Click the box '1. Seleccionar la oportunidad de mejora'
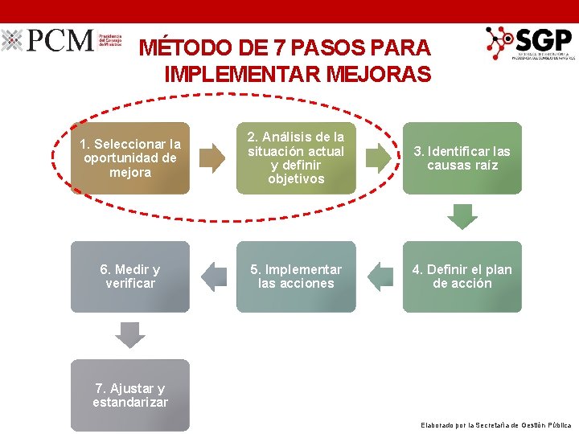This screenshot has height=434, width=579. tap(130, 158)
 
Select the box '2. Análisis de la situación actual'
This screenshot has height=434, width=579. tap(296, 158)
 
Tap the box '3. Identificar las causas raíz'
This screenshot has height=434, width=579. tap(462, 158)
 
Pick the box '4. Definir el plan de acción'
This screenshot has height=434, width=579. tap(462, 276)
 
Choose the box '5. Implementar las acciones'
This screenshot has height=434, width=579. tap(296, 276)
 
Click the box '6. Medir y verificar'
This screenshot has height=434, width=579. tap(130, 276)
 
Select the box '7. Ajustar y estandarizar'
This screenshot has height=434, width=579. tap(130, 395)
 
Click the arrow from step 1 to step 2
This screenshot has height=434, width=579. tap(212, 158)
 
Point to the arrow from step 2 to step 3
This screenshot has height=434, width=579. tap(379, 158)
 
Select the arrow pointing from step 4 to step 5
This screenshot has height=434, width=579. tap(380, 277)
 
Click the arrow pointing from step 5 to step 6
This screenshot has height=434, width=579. tap(213, 277)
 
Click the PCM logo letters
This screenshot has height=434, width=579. tap(60, 41)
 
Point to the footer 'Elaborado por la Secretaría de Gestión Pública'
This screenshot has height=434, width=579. tap(496, 424)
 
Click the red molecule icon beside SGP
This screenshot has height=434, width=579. tap(500, 43)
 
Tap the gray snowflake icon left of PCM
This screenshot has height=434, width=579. tap(12, 41)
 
